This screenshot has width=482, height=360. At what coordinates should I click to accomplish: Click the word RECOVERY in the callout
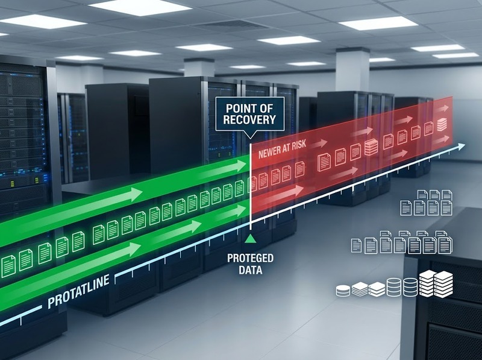(249, 119)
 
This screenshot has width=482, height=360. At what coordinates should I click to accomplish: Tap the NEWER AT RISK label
(282, 150)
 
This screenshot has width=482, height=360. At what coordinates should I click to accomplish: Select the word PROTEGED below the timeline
(250, 258)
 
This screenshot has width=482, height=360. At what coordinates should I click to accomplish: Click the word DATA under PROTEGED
(251, 270)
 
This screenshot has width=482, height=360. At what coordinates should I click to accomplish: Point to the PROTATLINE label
(79, 291)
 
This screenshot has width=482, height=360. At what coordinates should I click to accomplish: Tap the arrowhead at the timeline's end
(461, 147)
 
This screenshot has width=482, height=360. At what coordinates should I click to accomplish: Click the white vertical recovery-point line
(251, 186)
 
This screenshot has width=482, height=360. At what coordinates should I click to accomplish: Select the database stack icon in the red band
(371, 147)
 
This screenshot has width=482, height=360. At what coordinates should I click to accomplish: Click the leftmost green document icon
(8, 267)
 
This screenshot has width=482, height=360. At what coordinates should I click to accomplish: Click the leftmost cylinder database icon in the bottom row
(343, 291)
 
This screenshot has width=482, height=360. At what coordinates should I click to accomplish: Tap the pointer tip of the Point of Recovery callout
(249, 139)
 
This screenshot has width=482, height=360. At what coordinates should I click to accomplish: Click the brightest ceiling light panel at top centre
(140, 7)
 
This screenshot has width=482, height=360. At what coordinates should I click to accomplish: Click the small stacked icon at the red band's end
(442, 124)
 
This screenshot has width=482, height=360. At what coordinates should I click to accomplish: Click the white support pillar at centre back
(199, 68)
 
